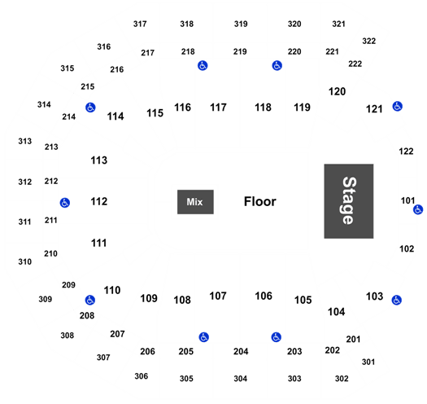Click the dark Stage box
(349, 201)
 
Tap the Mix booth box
(195, 202)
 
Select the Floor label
(259, 201)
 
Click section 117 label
(218, 108)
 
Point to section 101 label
(407, 200)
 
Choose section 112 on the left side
(99, 201)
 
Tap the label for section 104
(337, 311)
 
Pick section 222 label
(355, 64)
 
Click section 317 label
(140, 24)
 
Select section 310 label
(24, 261)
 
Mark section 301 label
(368, 362)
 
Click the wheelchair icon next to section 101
(418, 209)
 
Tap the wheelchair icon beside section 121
(398, 107)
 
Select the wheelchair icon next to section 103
(397, 300)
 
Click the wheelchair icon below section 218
(203, 65)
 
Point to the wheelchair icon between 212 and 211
(65, 203)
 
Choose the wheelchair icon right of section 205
(203, 337)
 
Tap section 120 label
(338, 91)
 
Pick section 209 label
(68, 285)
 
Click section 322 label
(369, 41)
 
